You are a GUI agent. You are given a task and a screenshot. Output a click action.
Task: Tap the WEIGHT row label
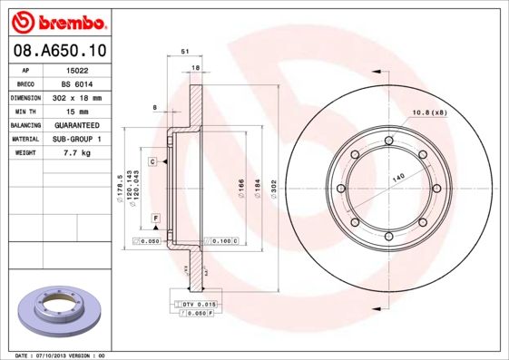pyautogui.click(x=24, y=153)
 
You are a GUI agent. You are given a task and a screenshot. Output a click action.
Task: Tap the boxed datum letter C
pyautogui.click(x=153, y=161)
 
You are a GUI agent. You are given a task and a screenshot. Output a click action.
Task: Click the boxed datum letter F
pyautogui.click(x=156, y=219)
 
